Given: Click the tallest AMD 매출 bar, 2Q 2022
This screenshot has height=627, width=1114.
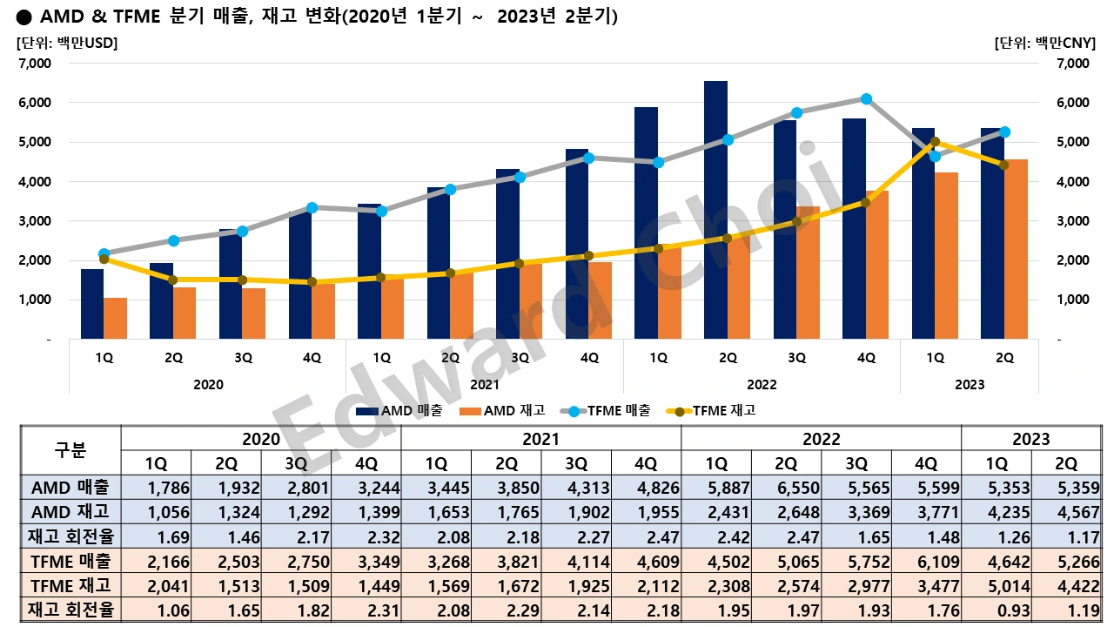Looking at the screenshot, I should tap(715, 209).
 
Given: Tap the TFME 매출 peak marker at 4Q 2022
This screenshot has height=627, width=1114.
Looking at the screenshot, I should tap(866, 99).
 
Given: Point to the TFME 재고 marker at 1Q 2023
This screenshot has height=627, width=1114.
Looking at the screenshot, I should tap(935, 141).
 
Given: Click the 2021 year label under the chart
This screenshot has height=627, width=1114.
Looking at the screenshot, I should tap(485, 385).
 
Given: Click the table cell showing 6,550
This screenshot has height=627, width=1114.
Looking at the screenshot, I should tap(786, 488).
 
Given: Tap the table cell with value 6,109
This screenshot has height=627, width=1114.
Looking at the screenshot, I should tap(926, 561).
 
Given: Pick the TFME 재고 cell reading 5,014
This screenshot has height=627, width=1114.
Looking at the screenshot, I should tap(996, 585).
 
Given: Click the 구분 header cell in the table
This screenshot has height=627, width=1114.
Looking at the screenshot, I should tap(70, 450).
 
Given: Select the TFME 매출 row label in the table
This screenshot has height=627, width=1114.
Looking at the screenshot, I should tap(70, 561).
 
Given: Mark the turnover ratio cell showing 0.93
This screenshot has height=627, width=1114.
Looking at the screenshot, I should tap(996, 610).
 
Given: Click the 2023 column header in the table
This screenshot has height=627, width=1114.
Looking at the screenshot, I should tap(1030, 439).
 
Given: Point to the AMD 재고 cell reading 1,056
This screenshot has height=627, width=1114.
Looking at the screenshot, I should tap(156, 512).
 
